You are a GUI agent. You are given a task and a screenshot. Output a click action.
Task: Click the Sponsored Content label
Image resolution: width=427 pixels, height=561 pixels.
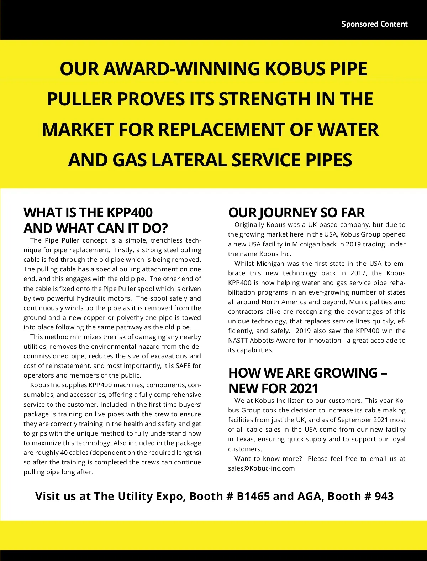click(x=374, y=24)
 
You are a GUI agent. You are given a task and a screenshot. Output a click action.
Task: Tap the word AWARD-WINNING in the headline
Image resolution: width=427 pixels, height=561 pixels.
click(x=181, y=68)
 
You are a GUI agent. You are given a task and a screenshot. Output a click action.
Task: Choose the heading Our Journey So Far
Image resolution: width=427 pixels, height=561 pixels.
click(x=296, y=213)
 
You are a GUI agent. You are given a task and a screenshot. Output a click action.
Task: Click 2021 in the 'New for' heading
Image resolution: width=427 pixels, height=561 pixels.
click(x=304, y=388)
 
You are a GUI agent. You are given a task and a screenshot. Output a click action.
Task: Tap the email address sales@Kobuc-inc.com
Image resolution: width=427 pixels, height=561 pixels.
click(x=262, y=468)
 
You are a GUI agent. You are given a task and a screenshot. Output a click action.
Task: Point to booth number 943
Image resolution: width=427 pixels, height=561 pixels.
click(x=384, y=496)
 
